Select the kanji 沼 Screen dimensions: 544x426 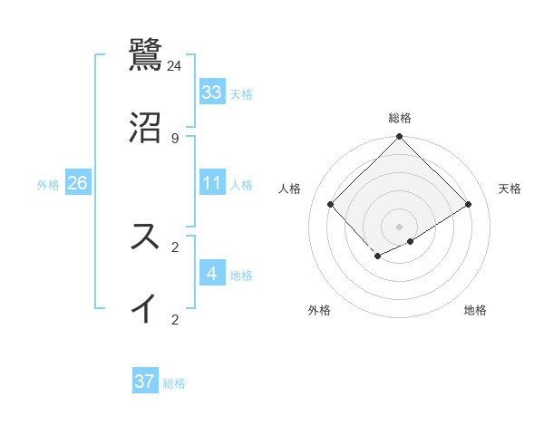(x=146, y=128)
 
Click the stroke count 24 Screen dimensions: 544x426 (x=174, y=66)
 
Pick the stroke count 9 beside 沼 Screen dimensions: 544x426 (x=174, y=139)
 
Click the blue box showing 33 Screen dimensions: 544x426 (x=211, y=92)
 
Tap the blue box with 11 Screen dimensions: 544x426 (x=211, y=184)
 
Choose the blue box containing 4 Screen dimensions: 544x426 (x=211, y=274)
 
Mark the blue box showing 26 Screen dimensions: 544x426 (x=78, y=184)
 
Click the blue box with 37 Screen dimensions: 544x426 (x=145, y=382)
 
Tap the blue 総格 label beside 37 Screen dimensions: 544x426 (x=174, y=383)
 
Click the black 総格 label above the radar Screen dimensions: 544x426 (x=400, y=118)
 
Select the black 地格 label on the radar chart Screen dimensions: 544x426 (x=475, y=311)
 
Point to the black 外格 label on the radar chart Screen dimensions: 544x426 (x=319, y=311)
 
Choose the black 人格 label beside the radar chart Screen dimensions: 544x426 (x=290, y=189)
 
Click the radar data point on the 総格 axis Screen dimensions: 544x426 (x=400, y=138)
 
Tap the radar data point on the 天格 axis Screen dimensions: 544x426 (x=469, y=205)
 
